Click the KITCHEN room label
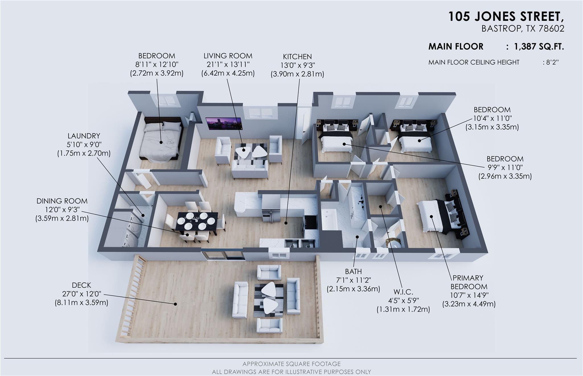[x=297, y=57]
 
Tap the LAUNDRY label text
[x=84, y=136]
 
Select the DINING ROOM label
[x=62, y=201]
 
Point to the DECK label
[x=81, y=285]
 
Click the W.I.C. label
[x=403, y=292]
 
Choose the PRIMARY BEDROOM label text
[x=468, y=282]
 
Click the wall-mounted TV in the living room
[x=224, y=124]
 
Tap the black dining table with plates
[x=197, y=221]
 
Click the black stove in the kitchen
[x=310, y=222]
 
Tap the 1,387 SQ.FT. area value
[x=539, y=47]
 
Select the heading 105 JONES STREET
[x=506, y=16]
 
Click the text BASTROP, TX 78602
[x=523, y=29]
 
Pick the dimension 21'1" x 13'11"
[x=228, y=65]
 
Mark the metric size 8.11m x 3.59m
[x=81, y=303]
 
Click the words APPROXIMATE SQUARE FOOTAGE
[x=291, y=364]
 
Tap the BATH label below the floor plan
[x=353, y=271]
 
